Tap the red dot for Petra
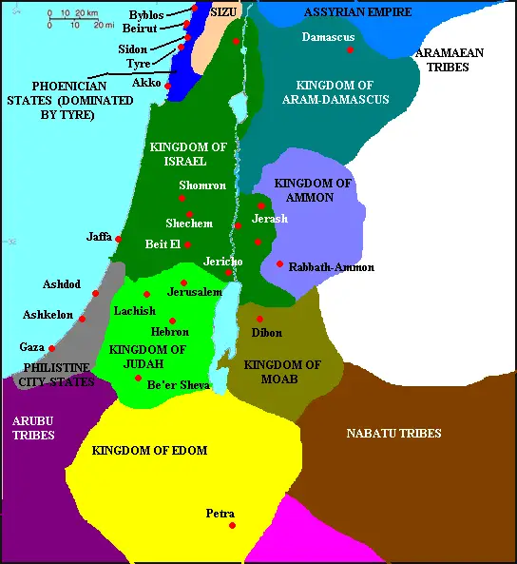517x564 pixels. click(x=232, y=526)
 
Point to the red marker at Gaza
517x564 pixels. click(x=52, y=348)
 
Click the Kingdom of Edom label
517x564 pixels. click(x=149, y=450)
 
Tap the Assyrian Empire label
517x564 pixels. click(x=356, y=11)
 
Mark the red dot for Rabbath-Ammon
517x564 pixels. click(x=279, y=264)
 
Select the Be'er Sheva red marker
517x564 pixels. click(x=139, y=378)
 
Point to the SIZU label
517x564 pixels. click(x=221, y=10)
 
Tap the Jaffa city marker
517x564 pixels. click(x=119, y=239)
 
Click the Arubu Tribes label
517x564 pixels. click(x=33, y=427)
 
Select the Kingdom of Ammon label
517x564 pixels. click(x=299, y=189)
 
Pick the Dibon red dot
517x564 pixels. click(x=259, y=318)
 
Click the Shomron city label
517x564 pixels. click(x=201, y=185)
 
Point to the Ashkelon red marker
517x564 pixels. click(x=83, y=319)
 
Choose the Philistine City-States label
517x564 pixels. click(x=57, y=374)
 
